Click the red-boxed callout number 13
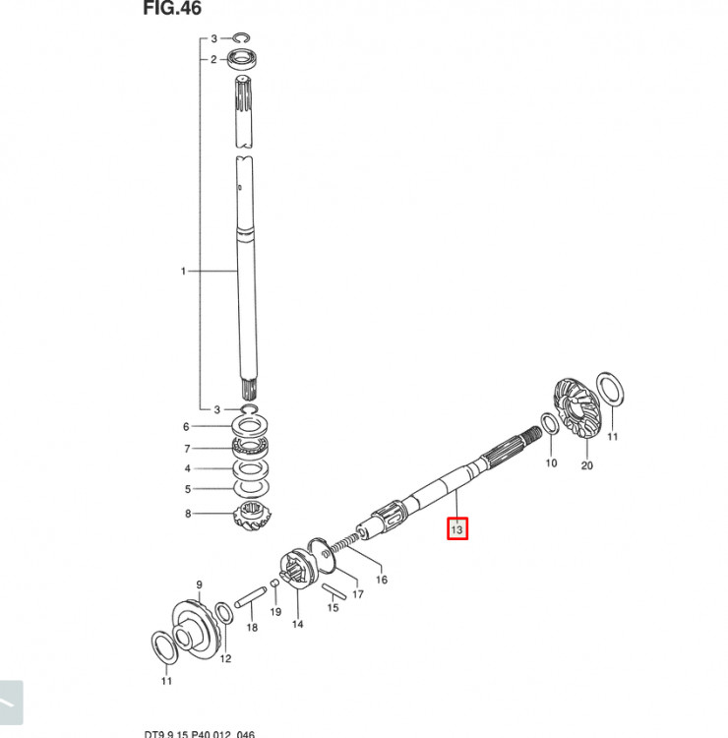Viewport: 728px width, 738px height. [x=456, y=530]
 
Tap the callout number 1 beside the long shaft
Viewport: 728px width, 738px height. [x=182, y=271]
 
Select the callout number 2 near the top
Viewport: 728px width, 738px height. [x=212, y=59]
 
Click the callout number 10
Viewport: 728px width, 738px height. [x=551, y=461]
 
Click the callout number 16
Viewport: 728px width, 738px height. [x=382, y=580]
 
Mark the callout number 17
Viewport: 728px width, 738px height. [x=358, y=594]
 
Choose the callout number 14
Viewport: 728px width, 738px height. [x=297, y=624]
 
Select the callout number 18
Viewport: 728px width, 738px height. [x=252, y=627]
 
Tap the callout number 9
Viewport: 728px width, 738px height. [x=199, y=584]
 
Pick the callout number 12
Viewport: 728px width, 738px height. [x=225, y=658]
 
